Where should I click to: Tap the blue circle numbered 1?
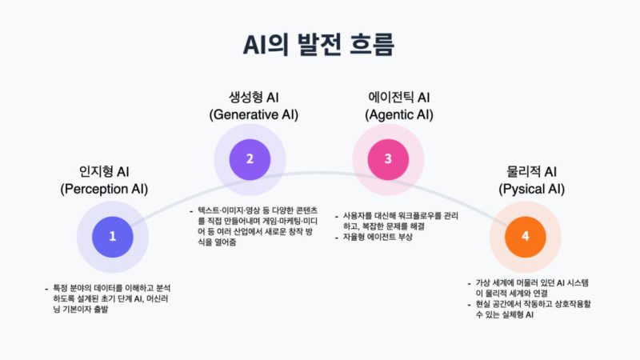point(113,236)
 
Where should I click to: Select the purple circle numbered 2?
point(250,158)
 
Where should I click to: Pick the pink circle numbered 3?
point(388,158)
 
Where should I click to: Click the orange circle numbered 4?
point(525,236)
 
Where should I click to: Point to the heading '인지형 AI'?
point(104,171)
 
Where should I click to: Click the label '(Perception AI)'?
point(104,190)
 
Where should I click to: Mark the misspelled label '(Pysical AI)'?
point(531,190)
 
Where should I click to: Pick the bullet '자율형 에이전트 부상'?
point(377,238)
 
